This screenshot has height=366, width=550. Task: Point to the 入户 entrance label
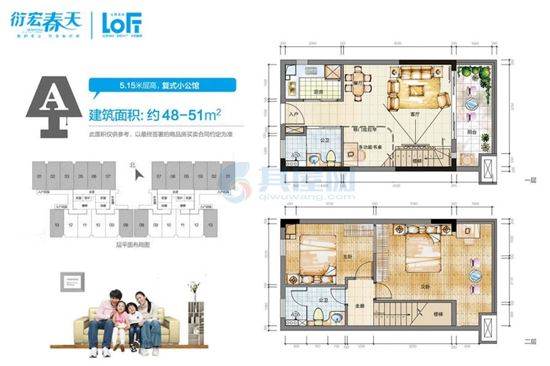[293, 116]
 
